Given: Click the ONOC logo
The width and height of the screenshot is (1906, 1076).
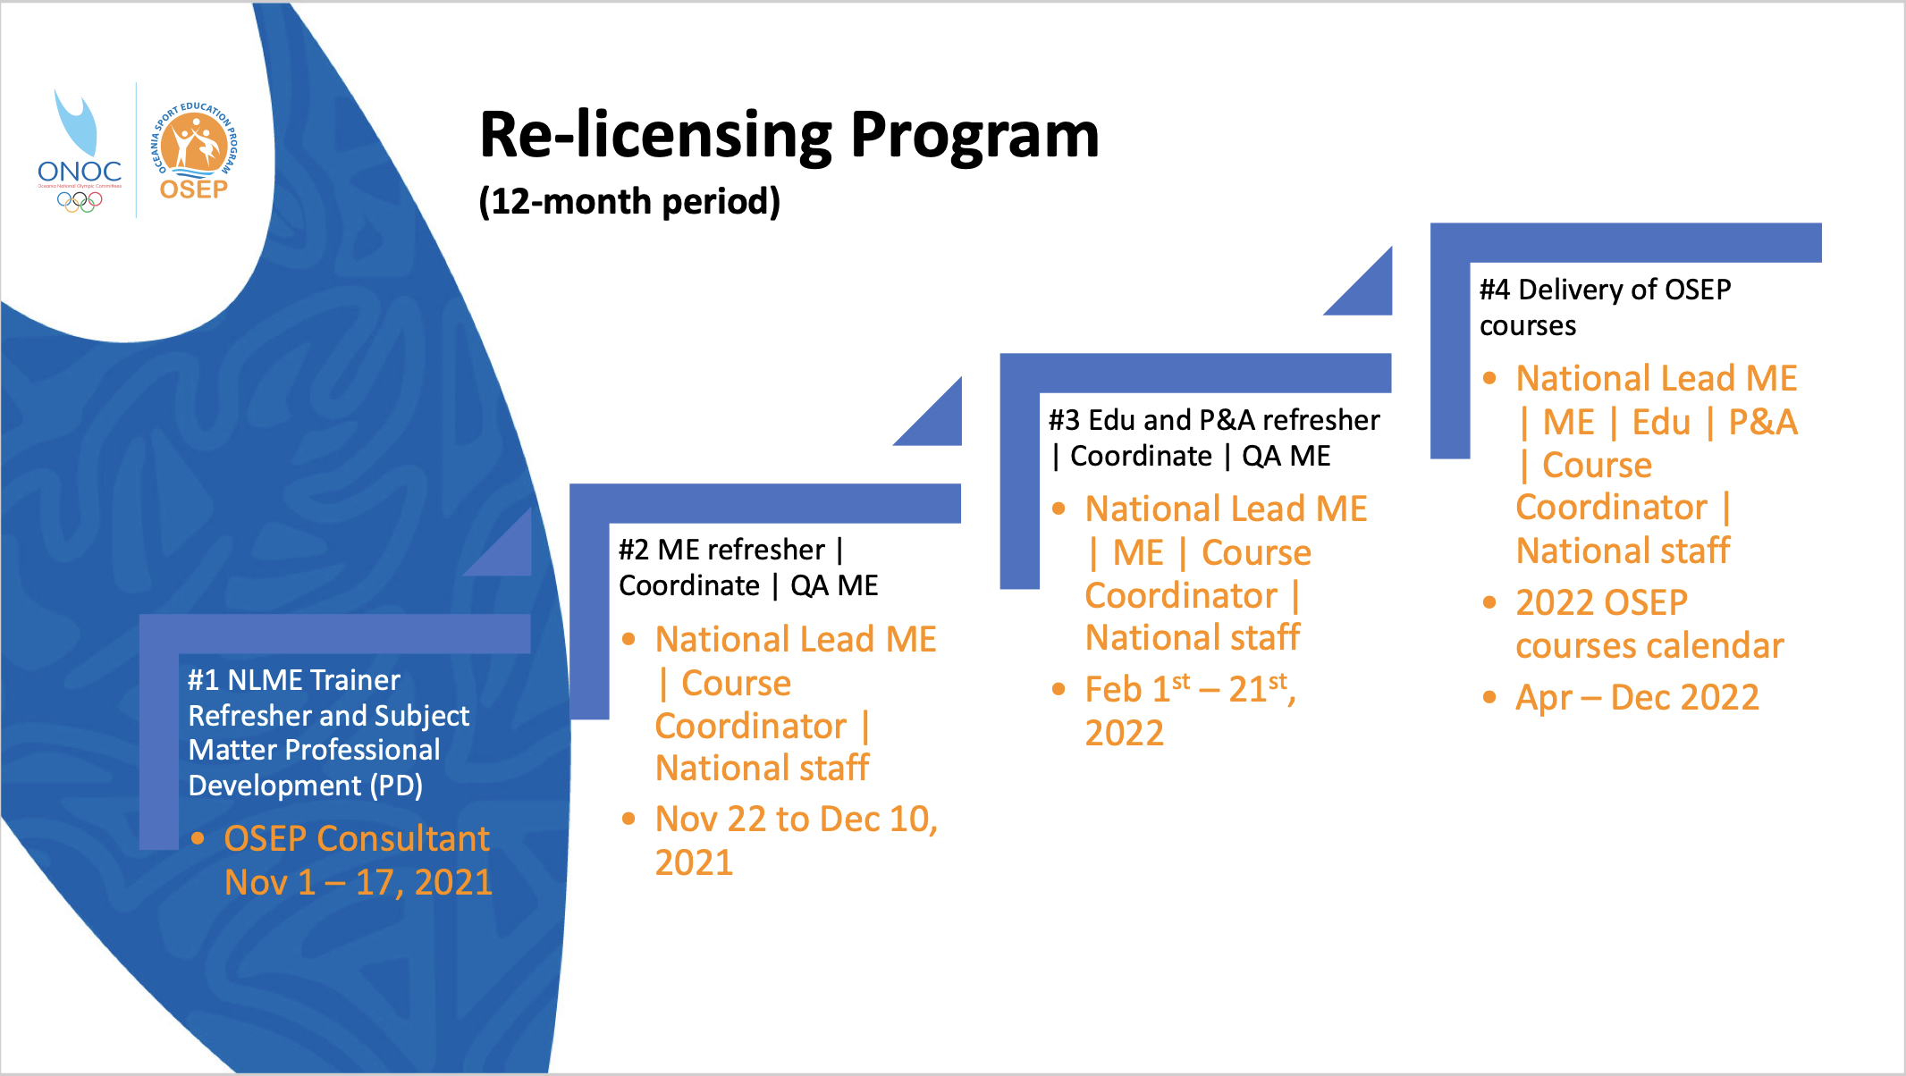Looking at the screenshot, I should (79, 152).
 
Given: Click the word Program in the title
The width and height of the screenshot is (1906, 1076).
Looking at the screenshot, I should (974, 136).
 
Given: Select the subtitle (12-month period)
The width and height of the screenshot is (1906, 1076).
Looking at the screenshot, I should (629, 202).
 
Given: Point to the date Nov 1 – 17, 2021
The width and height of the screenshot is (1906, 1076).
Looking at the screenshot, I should (358, 883).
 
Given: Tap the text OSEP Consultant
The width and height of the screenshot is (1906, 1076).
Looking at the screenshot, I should (356, 839).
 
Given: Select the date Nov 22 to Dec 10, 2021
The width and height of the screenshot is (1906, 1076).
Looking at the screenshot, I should (796, 841).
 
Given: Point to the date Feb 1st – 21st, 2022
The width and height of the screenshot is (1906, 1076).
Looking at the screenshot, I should (1190, 711).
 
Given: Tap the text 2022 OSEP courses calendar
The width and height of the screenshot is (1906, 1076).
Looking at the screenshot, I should (1649, 625).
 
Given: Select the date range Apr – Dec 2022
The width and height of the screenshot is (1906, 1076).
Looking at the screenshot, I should (1637, 698).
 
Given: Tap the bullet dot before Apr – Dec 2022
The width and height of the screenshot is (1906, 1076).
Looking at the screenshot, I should (1489, 697).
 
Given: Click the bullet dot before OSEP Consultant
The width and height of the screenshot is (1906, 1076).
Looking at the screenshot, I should (198, 838).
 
